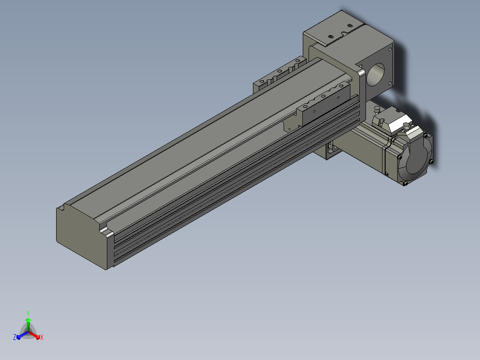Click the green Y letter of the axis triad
point(28,313)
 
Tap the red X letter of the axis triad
point(42,337)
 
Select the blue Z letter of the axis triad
point(15,337)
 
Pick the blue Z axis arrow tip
point(18,337)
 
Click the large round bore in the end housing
point(376,74)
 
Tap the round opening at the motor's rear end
point(416,160)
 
